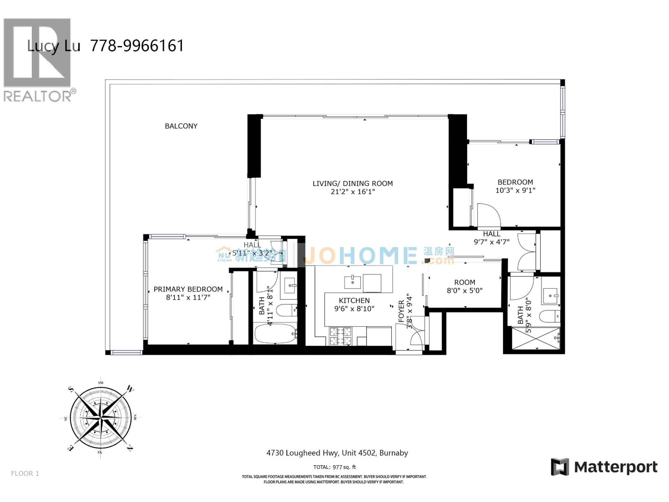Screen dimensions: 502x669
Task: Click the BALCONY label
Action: [181, 126]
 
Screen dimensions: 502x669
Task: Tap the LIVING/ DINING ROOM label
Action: [352, 183]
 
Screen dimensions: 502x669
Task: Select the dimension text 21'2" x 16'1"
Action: [352, 192]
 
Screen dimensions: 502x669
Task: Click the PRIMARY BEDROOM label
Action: [188, 289]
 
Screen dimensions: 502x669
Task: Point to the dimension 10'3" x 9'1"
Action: [515, 190]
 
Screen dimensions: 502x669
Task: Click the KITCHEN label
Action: [354, 300]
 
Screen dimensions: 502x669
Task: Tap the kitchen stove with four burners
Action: [340, 336]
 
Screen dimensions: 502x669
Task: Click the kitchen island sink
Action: [352, 282]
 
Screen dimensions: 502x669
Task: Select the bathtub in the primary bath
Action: [275, 333]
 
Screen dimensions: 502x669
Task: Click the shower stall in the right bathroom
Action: [536, 338]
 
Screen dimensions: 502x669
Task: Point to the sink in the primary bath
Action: [290, 286]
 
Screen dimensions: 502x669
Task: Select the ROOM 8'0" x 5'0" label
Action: [465, 286]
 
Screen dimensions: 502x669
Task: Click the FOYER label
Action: [401, 310]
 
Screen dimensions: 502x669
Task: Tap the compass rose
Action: [101, 417]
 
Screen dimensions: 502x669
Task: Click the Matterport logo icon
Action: [560, 467]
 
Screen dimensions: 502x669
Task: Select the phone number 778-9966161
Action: [137, 46]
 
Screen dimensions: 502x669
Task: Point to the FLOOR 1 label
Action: [25, 473]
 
